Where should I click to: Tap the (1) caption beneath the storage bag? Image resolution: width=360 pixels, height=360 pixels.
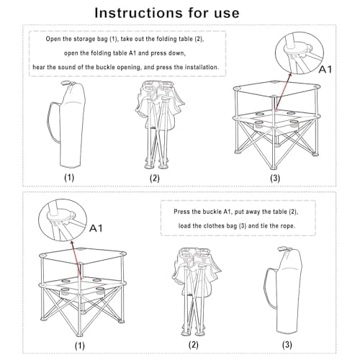point(69,176)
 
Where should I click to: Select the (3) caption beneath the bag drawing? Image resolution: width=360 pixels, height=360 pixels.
point(287,343)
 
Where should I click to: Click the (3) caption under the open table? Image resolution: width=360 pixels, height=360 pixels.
point(274,176)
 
